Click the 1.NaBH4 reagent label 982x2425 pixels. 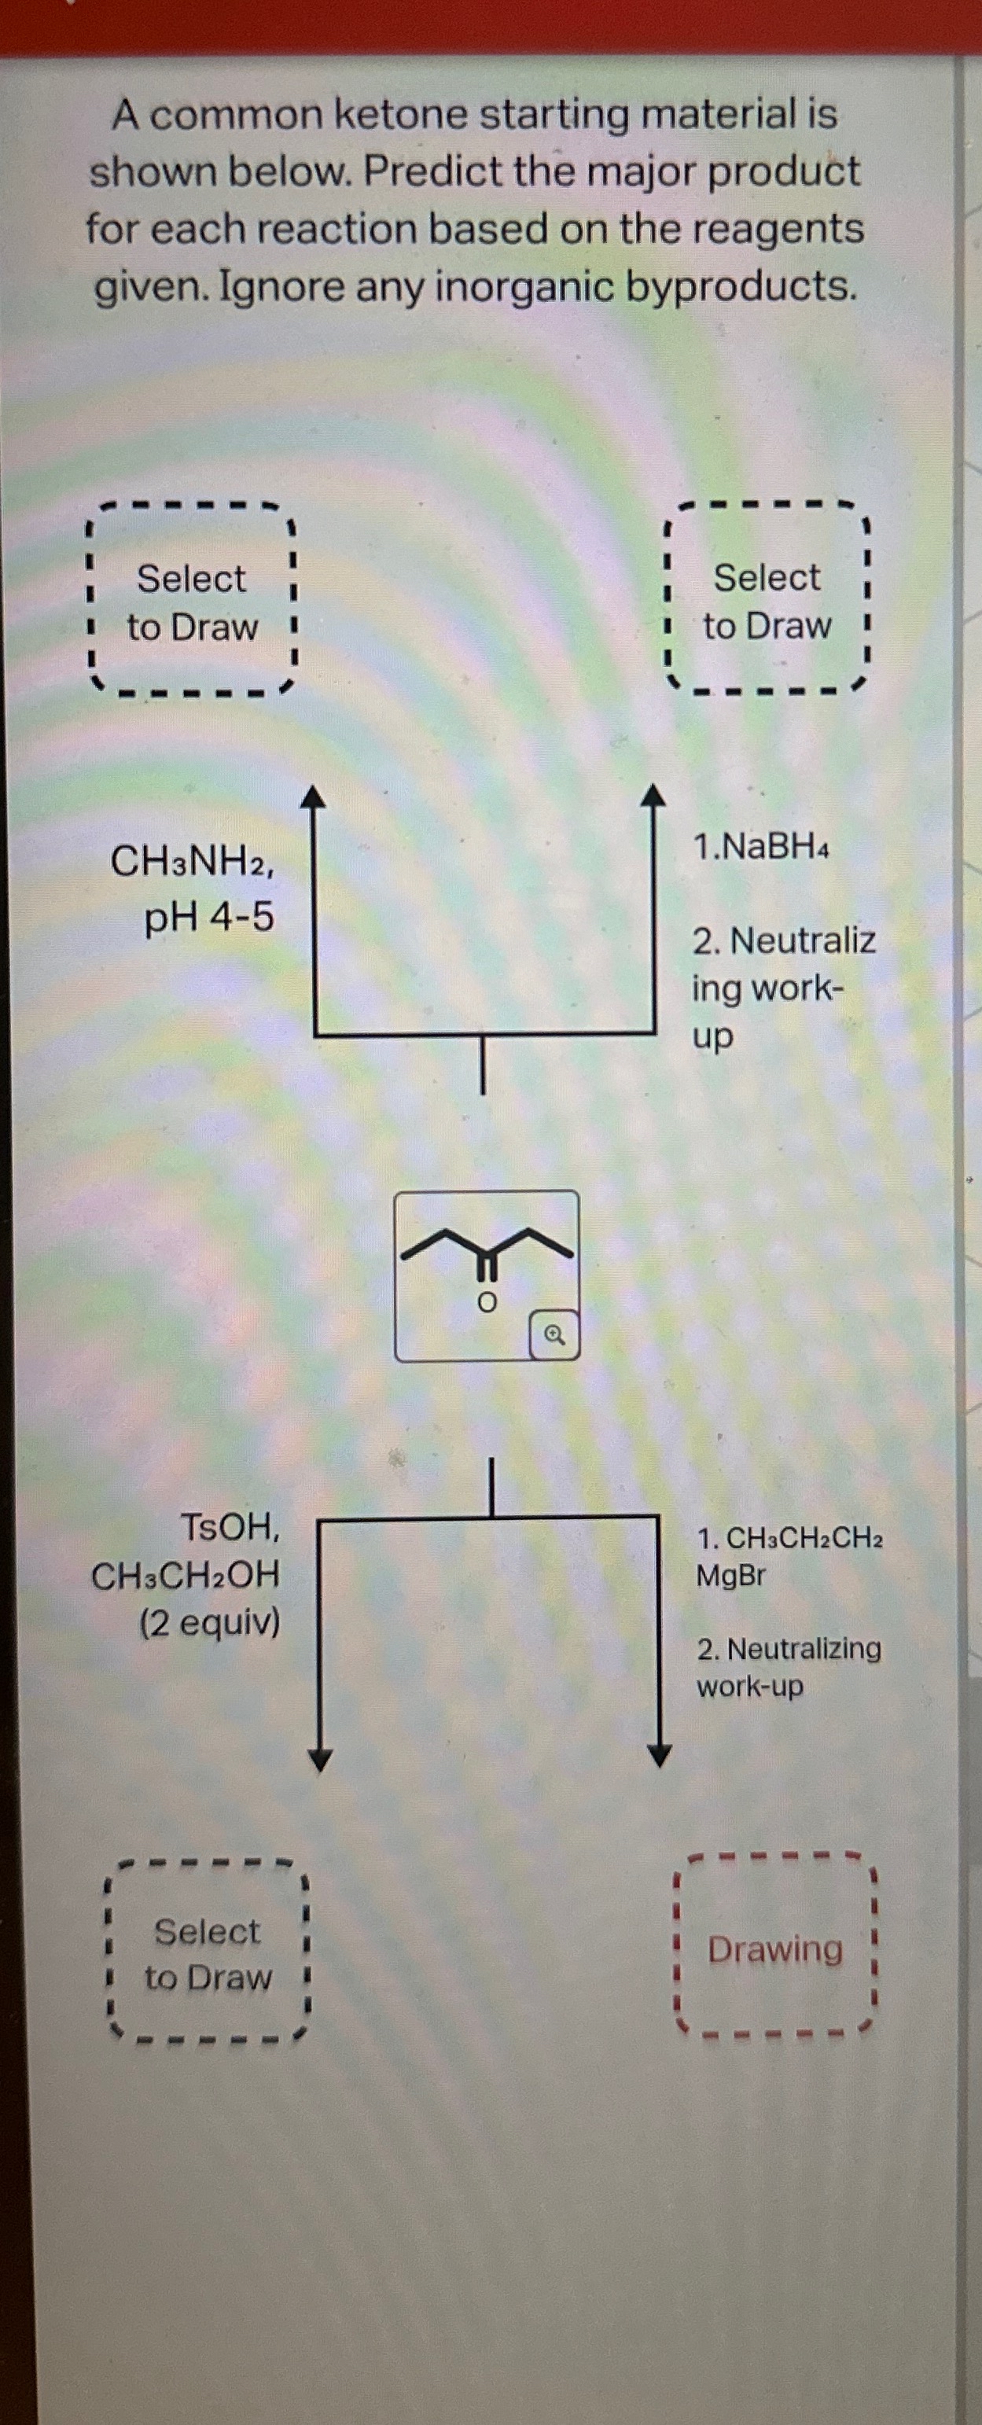[x=761, y=846]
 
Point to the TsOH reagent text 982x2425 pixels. [x=230, y=1527]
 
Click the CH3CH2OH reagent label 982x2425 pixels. [x=186, y=1576]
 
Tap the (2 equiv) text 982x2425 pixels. [x=210, y=1623]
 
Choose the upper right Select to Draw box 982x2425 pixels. [x=767, y=602]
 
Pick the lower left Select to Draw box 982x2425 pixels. [x=207, y=1953]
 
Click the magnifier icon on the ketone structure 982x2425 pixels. [x=554, y=1334]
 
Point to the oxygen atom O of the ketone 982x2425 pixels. [x=486, y=1303]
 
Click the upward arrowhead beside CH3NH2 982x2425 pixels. [x=313, y=797]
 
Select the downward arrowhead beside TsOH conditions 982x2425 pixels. [x=320, y=1758]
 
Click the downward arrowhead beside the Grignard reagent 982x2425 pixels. [x=659, y=1755]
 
